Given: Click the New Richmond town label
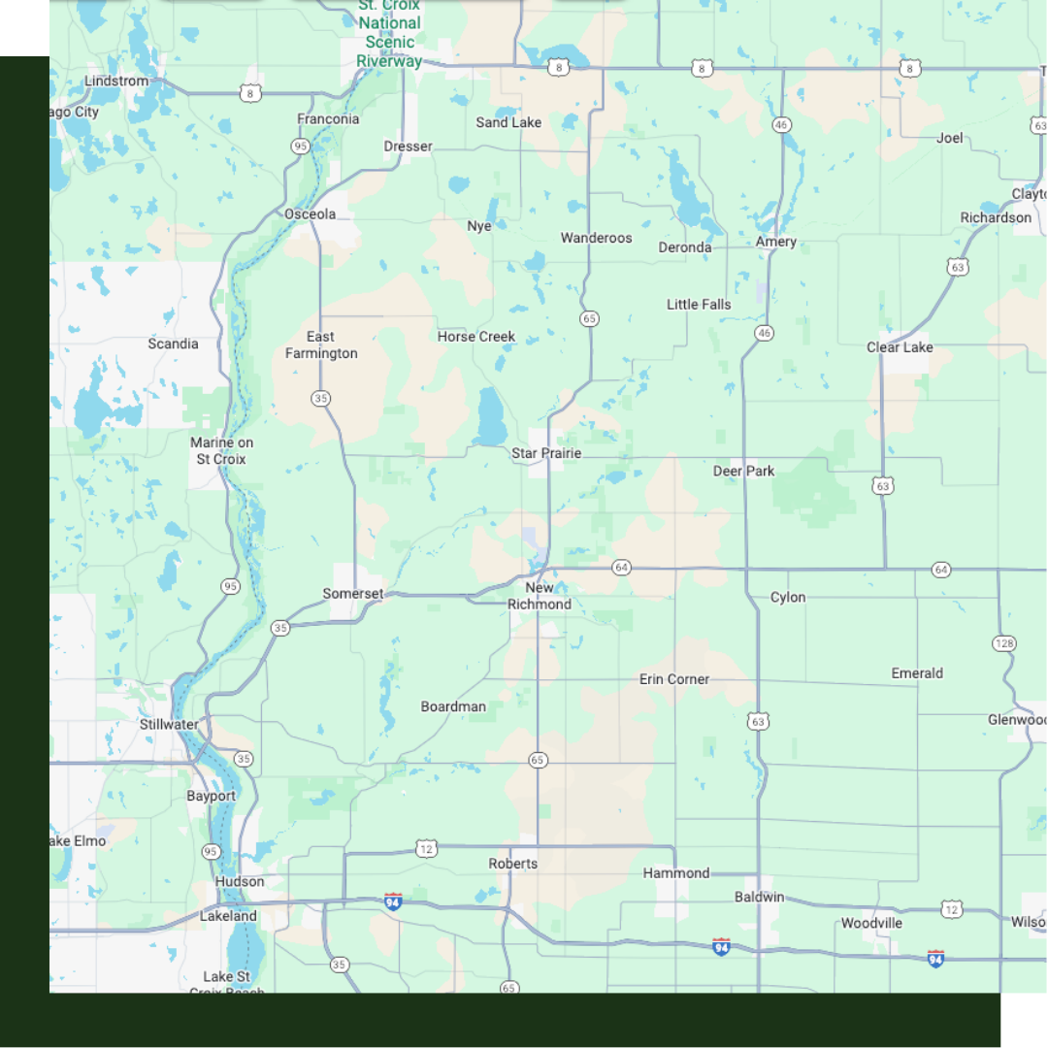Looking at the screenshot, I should tap(540, 596).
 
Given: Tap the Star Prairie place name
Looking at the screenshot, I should tap(546, 453).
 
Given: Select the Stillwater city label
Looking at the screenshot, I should tap(169, 725).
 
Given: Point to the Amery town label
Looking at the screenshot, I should tap(776, 242).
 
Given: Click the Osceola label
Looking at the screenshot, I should tap(311, 214).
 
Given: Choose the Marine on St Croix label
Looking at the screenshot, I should tap(221, 451).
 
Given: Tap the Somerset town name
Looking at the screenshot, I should tap(353, 594).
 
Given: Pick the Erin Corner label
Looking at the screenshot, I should tap(674, 679).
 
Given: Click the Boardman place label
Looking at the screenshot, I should tap(453, 706).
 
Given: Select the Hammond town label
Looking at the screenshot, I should tap(676, 873).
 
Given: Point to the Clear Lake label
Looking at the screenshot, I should tap(900, 347).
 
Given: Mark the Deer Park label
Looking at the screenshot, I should tap(744, 472).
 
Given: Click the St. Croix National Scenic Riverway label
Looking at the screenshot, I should tap(389, 32).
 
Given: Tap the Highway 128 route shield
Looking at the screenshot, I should tap(1004, 643).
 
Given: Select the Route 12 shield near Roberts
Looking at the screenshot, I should tap(426, 849).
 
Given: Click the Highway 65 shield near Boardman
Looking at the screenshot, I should tap(538, 760).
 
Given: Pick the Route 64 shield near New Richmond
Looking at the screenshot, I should tap(622, 567).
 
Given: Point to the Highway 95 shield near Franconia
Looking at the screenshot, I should tap(300, 147).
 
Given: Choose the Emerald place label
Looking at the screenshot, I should tap(917, 673).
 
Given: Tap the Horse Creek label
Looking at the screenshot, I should tap(476, 337).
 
